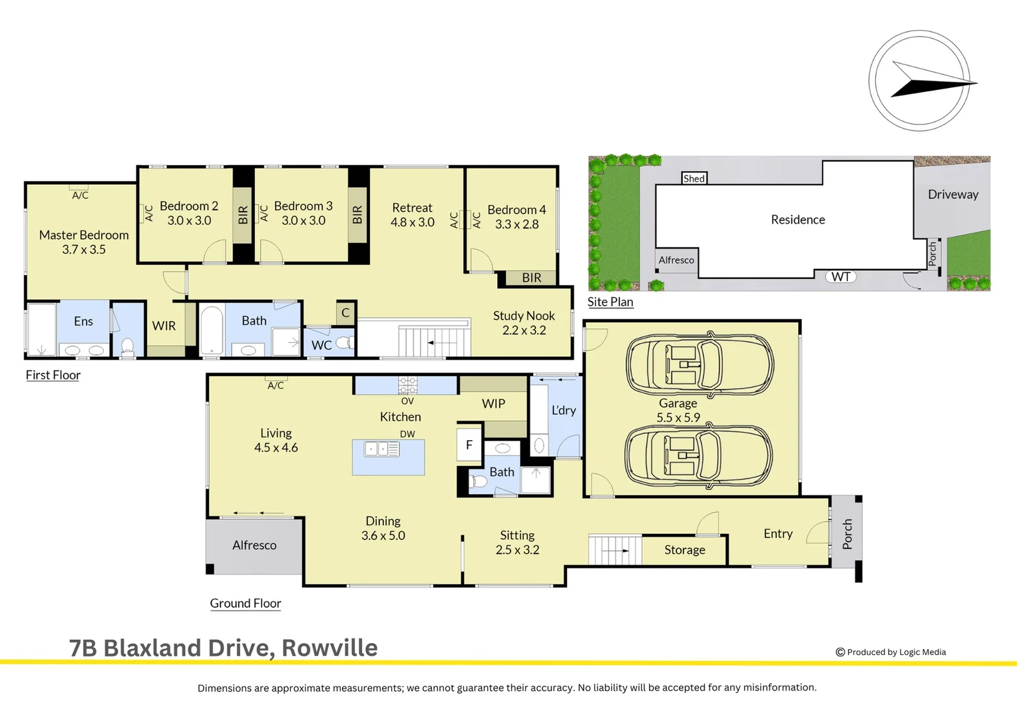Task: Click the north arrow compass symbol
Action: click(x=920, y=81)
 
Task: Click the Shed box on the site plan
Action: click(x=694, y=178)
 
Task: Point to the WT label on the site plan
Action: click(x=841, y=276)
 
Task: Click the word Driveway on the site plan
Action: click(x=953, y=194)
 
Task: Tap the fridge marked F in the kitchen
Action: click(x=469, y=445)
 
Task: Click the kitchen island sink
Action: click(x=382, y=449)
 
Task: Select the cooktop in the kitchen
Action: click(x=408, y=385)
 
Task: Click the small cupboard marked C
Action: click(x=345, y=312)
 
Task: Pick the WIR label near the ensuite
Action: click(x=164, y=326)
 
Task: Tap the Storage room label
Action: click(x=685, y=550)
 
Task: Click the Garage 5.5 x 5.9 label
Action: click(x=678, y=410)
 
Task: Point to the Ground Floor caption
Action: click(x=245, y=603)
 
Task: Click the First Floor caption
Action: click(x=53, y=375)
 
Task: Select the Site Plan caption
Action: click(x=610, y=302)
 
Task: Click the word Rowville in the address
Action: click(x=329, y=648)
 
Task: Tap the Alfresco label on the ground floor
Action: click(x=254, y=545)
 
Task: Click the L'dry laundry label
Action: click(x=564, y=410)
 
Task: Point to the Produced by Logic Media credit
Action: click(x=891, y=652)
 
